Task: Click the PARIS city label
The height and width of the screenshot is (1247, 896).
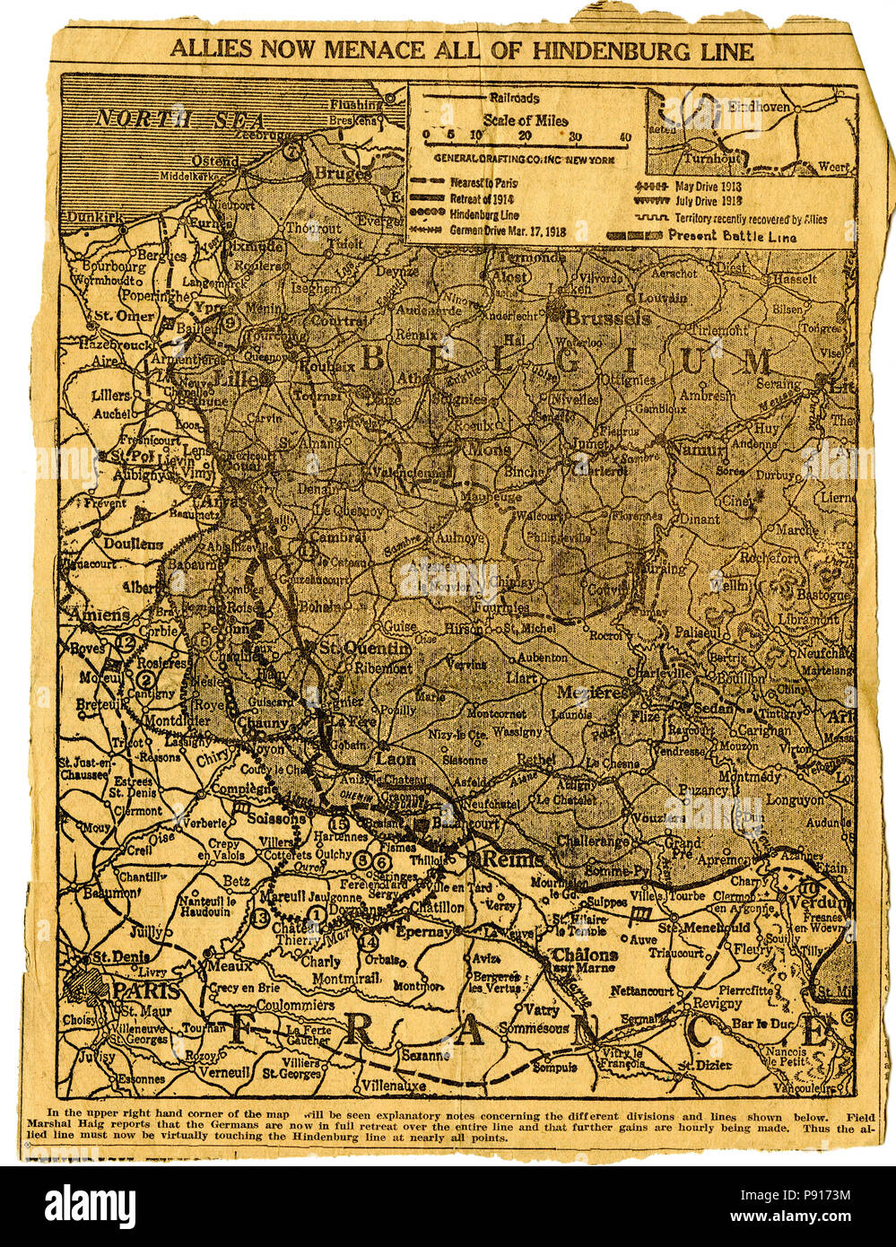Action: tap(145, 990)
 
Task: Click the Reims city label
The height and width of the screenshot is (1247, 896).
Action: tap(513, 859)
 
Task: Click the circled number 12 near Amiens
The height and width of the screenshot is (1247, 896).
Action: tap(125, 642)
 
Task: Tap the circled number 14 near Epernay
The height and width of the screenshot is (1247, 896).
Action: tap(368, 942)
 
